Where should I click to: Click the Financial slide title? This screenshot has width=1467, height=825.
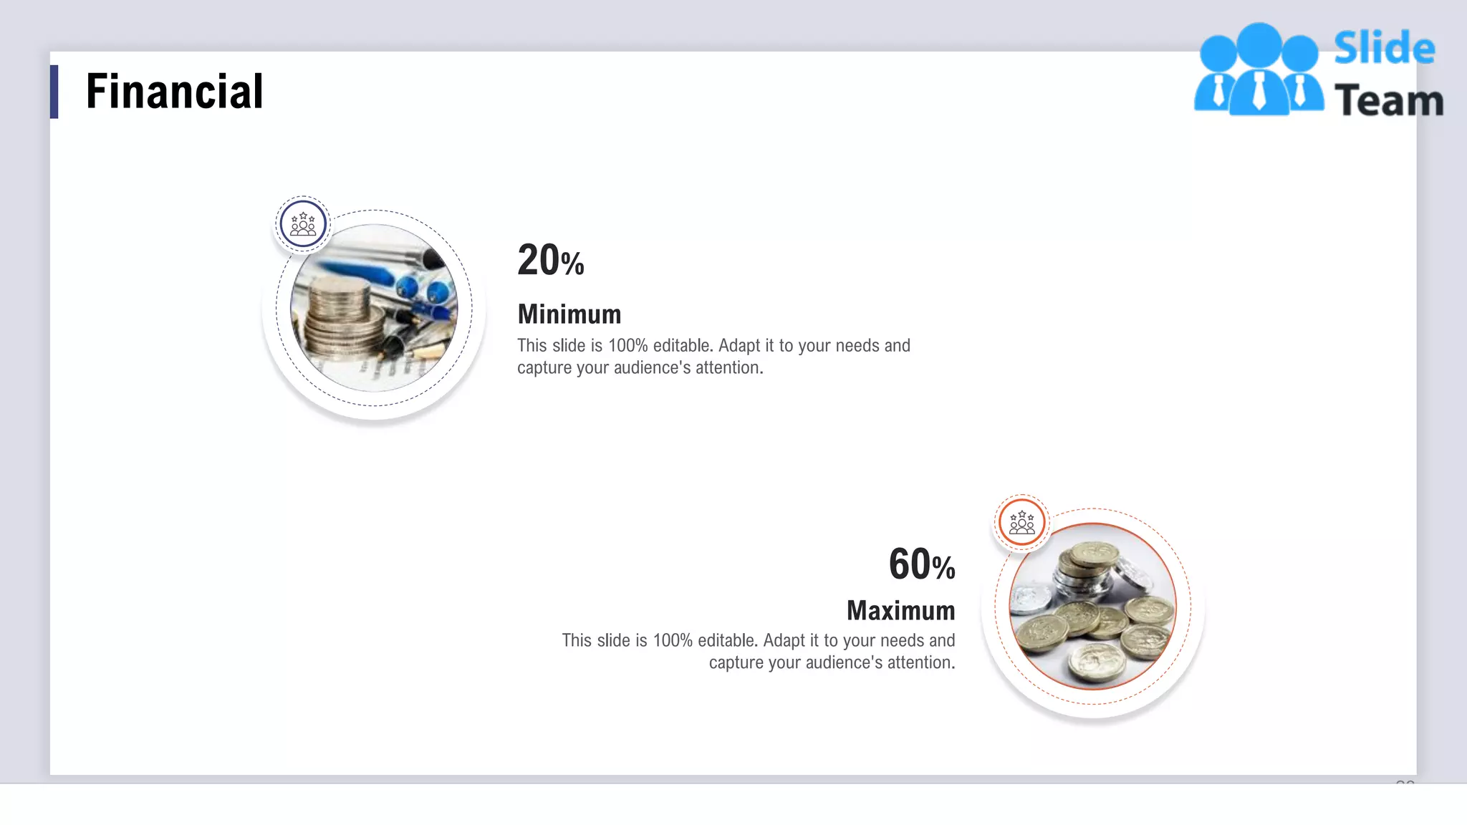(174, 92)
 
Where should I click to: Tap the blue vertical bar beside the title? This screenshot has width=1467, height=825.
(54, 92)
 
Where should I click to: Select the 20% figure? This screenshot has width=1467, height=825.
(550, 260)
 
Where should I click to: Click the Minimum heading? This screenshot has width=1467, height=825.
(569, 314)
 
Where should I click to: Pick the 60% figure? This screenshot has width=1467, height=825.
(921, 564)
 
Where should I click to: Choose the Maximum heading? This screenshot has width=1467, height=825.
(900, 611)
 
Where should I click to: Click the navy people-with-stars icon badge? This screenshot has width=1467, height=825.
(303, 224)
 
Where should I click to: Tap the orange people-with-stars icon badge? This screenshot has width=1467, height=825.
(1021, 523)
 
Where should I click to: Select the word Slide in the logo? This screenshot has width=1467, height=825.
(1384, 49)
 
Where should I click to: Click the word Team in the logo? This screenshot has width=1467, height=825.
(1388, 100)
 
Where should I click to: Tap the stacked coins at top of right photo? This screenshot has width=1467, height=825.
(1087, 566)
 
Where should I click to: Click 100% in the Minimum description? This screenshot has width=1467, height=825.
(627, 346)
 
